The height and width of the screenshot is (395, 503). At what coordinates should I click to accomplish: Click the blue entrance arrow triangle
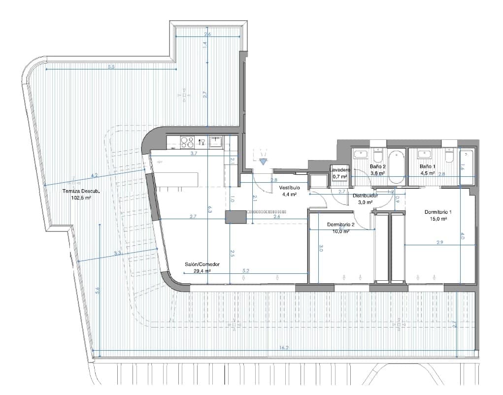tap(264, 161)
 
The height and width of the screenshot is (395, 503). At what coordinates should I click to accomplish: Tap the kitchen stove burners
tap(187, 142)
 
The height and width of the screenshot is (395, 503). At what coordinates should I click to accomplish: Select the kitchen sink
tap(216, 142)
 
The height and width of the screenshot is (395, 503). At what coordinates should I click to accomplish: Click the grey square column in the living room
tap(235, 217)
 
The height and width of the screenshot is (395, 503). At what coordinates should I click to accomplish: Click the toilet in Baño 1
tap(449, 156)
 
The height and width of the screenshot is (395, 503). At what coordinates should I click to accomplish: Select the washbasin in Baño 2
tap(359, 154)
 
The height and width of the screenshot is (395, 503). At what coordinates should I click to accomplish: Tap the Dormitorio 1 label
tap(438, 212)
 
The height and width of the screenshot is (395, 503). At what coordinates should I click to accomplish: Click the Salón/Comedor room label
tap(202, 264)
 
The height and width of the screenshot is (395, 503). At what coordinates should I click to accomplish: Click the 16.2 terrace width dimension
tap(284, 348)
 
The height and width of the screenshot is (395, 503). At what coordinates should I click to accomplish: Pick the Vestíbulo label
tap(289, 188)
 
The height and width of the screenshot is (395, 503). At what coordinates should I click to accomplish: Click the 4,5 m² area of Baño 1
tap(427, 173)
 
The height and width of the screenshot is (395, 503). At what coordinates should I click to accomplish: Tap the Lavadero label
tap(340, 170)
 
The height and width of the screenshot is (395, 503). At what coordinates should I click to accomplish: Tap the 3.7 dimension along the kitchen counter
tap(194, 154)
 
